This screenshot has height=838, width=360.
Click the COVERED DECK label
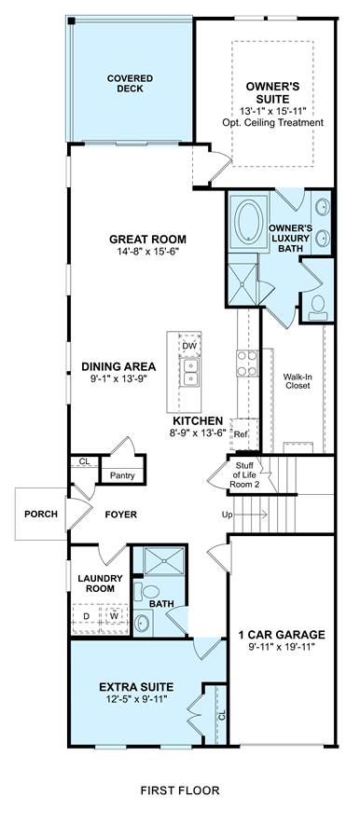click(x=130, y=83)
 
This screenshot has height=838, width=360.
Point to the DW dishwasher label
click(x=189, y=346)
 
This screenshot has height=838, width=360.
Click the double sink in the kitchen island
click(x=189, y=372)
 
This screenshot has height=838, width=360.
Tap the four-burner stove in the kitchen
click(x=247, y=364)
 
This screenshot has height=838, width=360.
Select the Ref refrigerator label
click(x=241, y=434)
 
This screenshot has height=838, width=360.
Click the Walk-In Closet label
click(x=297, y=380)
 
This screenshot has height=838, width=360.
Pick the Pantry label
click(x=122, y=475)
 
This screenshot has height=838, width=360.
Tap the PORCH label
click(x=41, y=515)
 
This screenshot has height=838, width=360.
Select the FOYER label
click(x=120, y=515)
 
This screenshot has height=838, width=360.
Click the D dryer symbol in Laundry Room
click(x=87, y=615)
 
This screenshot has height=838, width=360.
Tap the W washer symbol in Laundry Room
click(x=114, y=615)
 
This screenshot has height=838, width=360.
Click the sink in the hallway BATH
click(x=142, y=623)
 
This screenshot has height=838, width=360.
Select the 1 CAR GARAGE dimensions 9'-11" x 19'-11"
click(x=282, y=647)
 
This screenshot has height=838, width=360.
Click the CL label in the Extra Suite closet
click(x=221, y=715)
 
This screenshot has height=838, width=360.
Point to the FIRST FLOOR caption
click(x=180, y=790)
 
